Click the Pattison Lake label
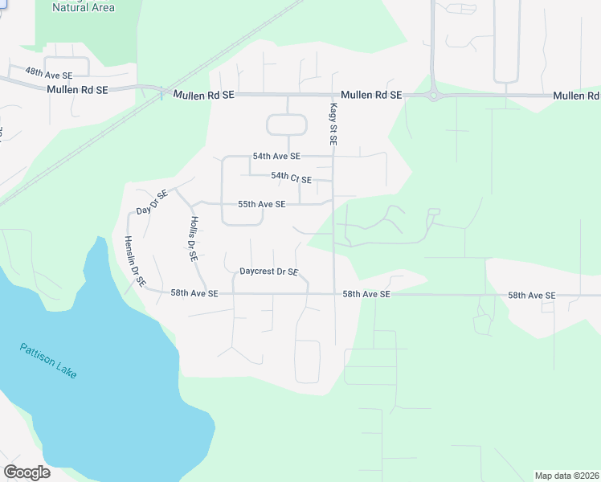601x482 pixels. tap(49, 361)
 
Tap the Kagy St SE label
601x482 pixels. tap(333, 124)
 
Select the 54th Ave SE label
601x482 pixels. tap(276, 156)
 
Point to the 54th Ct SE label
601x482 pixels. tap(291, 178)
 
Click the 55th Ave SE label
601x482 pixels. tap(261, 204)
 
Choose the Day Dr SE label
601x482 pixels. tap(151, 202)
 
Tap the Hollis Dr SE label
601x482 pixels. tap(193, 240)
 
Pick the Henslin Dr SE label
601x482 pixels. tap(134, 261)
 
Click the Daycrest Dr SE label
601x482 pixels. tap(268, 272)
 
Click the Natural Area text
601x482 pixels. tap(83, 8)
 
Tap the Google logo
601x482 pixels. tap(27, 472)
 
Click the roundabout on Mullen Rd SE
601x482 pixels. tap(435, 95)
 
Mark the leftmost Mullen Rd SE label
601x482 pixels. tap(77, 90)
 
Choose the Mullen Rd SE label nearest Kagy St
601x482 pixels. tap(371, 95)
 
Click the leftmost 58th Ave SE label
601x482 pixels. tap(194, 293)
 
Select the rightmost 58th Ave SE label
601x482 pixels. tap(531, 296)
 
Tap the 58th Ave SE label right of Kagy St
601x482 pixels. tap(366, 295)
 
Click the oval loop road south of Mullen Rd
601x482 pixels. tap(287, 125)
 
